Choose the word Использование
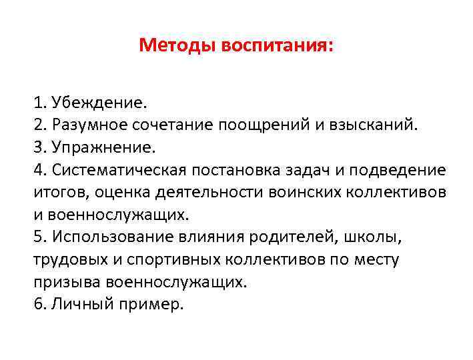[115, 237]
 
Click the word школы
[370, 237]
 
